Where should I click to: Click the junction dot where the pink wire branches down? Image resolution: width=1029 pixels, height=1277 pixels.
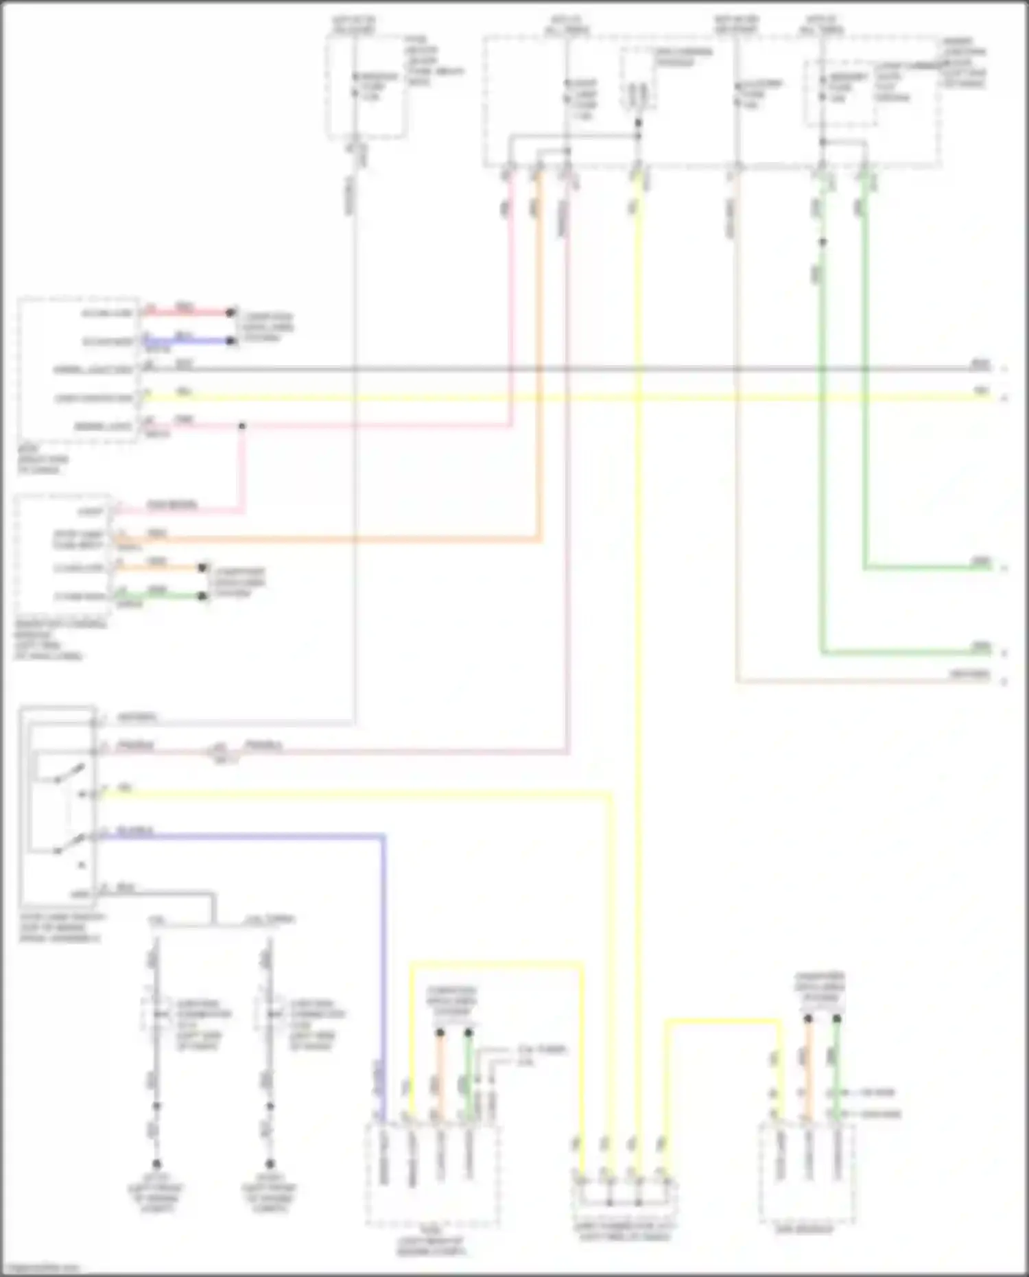[241, 426]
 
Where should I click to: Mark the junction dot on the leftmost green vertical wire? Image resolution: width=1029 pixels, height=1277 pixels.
[823, 242]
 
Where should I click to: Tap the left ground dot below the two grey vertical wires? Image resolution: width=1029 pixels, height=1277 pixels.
[156, 1164]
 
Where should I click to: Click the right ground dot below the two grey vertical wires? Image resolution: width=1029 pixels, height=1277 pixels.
[270, 1164]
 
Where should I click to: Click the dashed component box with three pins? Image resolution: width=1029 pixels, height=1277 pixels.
[806, 1173]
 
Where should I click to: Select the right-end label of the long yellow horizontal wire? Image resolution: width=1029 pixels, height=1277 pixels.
[982, 392]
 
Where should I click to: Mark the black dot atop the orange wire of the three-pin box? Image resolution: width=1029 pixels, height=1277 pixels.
[808, 1019]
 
